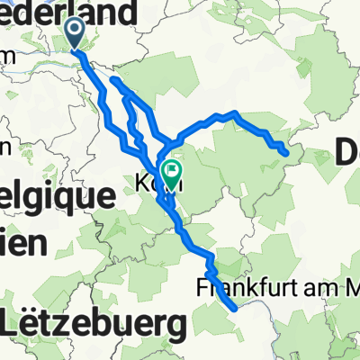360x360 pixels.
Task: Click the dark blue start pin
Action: pos(75,33)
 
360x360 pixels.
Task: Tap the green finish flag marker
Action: pos(170,170)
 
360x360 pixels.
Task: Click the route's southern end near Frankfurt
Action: pos(236,308)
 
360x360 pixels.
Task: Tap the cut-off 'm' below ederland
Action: pos(7,56)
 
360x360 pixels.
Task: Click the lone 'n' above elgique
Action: pos(5,147)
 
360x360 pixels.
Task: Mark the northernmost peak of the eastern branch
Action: pos(234,113)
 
